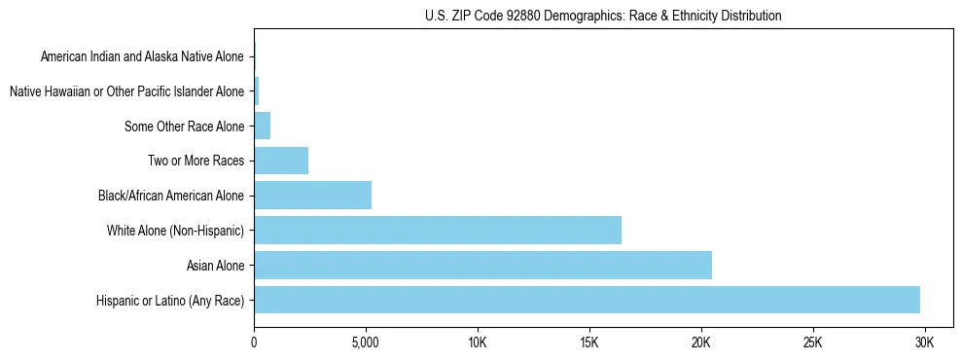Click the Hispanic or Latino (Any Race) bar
coord(587,300)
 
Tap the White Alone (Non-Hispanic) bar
coord(438,231)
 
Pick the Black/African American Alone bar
coord(312,196)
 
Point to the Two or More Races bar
coord(281,161)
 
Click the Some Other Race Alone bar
coord(262,126)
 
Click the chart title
coord(603,16)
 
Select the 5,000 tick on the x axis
coord(365,343)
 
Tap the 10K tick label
coord(477,343)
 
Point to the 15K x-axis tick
coord(588,343)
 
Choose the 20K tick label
coord(700,343)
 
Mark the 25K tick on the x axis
coord(812,343)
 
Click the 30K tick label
coord(924,343)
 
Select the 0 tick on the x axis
coord(254,343)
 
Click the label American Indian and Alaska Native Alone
coord(142,57)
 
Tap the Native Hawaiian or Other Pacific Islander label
coord(126,92)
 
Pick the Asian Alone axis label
coord(215,266)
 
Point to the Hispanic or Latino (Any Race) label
coord(170,301)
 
